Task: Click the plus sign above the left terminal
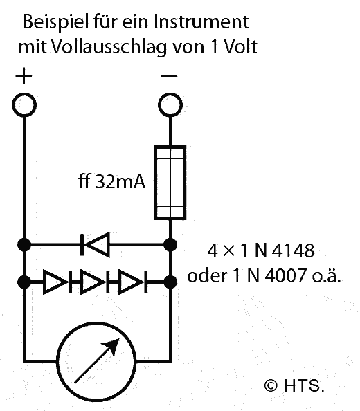24,76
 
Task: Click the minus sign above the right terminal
169,75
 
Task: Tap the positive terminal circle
24,105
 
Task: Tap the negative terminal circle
170,105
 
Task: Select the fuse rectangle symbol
170,183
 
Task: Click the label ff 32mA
111,181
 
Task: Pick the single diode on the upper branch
95,245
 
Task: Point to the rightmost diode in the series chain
133,282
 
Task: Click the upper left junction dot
24,245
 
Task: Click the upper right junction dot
170,245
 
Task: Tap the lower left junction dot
24,282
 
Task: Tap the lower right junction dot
170,282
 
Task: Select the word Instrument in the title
201,22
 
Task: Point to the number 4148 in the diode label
293,250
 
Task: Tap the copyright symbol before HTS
271,385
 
